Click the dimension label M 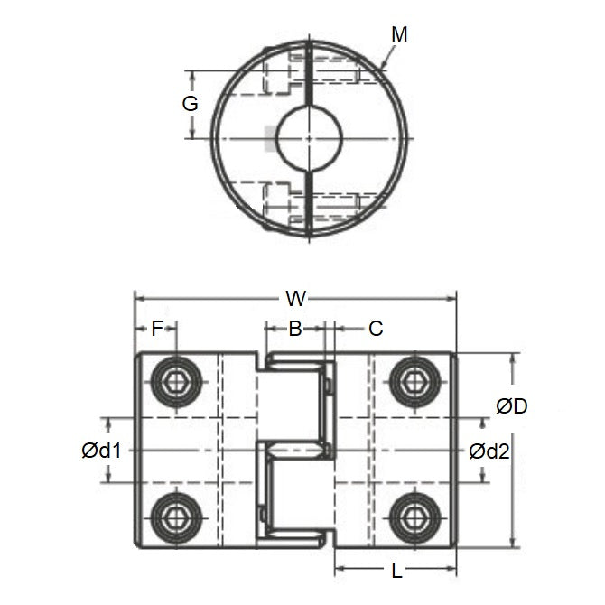click(x=400, y=34)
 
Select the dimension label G click(x=190, y=104)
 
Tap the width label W click(x=293, y=297)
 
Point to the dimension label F click(x=156, y=329)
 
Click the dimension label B click(x=294, y=329)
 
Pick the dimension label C click(x=377, y=329)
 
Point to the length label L click(x=396, y=571)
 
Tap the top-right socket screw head click(x=414, y=381)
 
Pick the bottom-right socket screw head click(x=414, y=517)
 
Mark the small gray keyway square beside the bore click(x=269, y=138)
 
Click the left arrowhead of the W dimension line click(x=138, y=296)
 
